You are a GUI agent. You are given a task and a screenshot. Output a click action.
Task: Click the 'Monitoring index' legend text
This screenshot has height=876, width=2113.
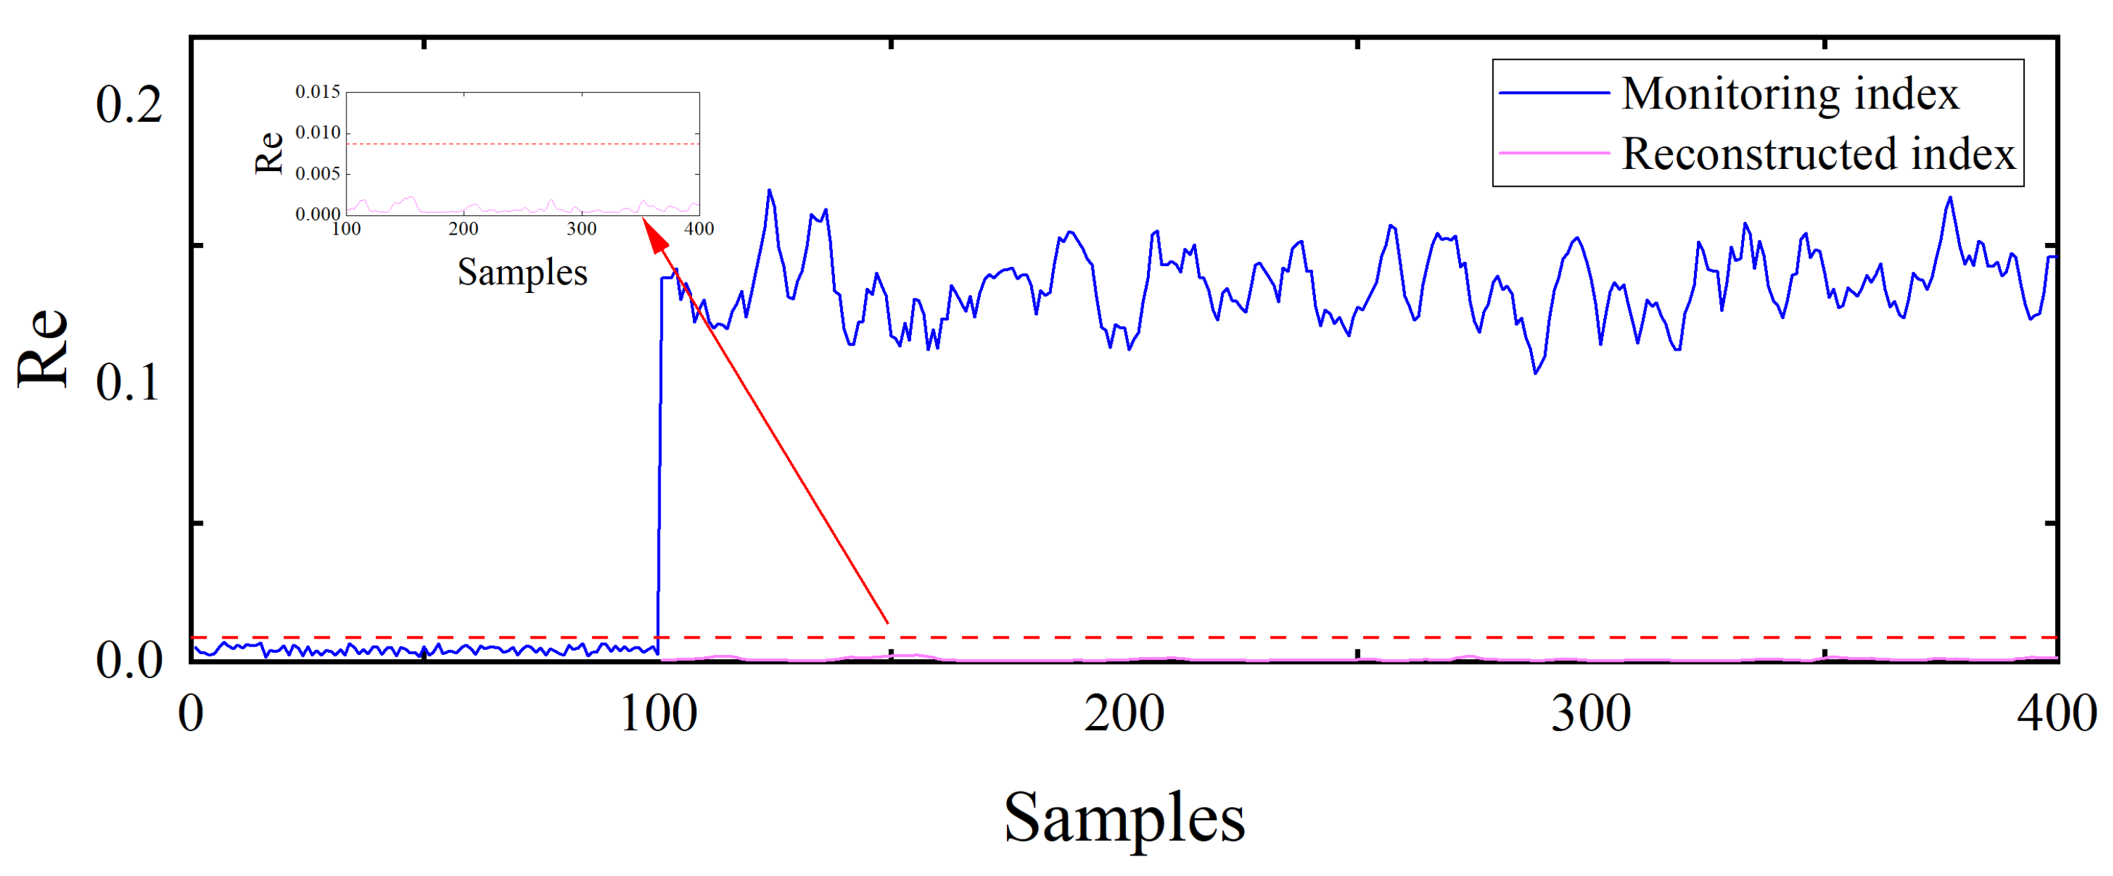coord(1789,94)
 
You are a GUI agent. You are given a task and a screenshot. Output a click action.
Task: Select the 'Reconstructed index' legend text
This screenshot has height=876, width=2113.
coord(1818,154)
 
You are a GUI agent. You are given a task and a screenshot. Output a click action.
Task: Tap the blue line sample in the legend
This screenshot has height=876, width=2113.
coord(1553,94)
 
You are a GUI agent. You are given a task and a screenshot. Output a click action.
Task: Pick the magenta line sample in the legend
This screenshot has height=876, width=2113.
coord(1553,154)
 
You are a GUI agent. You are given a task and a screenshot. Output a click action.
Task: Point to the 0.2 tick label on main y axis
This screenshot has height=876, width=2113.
coord(129,105)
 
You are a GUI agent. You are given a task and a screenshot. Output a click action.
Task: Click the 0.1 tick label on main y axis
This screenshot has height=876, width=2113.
coord(129,382)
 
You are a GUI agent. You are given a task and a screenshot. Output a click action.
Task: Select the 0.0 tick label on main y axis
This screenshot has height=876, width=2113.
coord(129,661)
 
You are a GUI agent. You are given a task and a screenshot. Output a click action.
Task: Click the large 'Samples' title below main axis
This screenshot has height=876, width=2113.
coord(1124,818)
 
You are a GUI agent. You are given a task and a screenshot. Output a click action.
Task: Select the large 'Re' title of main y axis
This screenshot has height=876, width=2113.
coord(43,348)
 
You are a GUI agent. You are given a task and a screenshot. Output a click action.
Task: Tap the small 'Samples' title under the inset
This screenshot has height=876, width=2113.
coord(522,273)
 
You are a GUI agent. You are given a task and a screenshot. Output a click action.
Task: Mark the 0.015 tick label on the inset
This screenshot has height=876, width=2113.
coord(318,92)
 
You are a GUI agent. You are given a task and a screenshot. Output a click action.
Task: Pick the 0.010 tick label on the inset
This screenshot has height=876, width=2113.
coord(318,133)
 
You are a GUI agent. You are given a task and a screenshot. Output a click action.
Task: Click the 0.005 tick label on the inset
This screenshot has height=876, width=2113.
coord(318,174)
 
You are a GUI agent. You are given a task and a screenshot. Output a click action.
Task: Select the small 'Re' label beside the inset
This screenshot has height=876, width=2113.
coord(269,154)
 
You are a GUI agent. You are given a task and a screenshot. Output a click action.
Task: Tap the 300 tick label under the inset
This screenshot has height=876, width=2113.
coord(582,229)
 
